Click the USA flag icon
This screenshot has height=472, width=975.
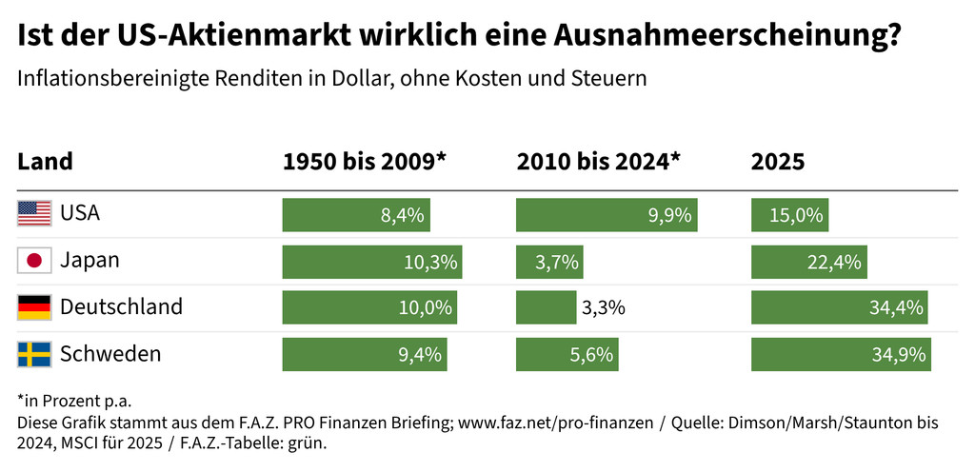tap(34, 214)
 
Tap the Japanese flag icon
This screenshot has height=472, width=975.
tap(34, 261)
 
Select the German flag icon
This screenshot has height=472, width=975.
tap(34, 307)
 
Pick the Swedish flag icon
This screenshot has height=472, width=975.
tap(34, 355)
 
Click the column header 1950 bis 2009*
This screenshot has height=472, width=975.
tap(365, 162)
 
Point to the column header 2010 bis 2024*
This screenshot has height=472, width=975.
tap(599, 162)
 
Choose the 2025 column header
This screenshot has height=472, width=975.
tap(778, 162)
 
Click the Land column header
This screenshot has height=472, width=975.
tap(45, 162)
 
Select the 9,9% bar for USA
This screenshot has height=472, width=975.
tap(607, 214)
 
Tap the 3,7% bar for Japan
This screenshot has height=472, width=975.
tap(548, 261)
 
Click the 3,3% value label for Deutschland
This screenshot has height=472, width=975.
tap(603, 307)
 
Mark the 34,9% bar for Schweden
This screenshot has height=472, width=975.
tap(841, 355)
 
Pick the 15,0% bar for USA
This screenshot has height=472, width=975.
tap(789, 214)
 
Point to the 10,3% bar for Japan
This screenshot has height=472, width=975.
tap(371, 261)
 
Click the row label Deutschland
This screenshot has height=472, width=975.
tap(121, 307)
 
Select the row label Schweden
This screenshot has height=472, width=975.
tap(110, 355)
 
